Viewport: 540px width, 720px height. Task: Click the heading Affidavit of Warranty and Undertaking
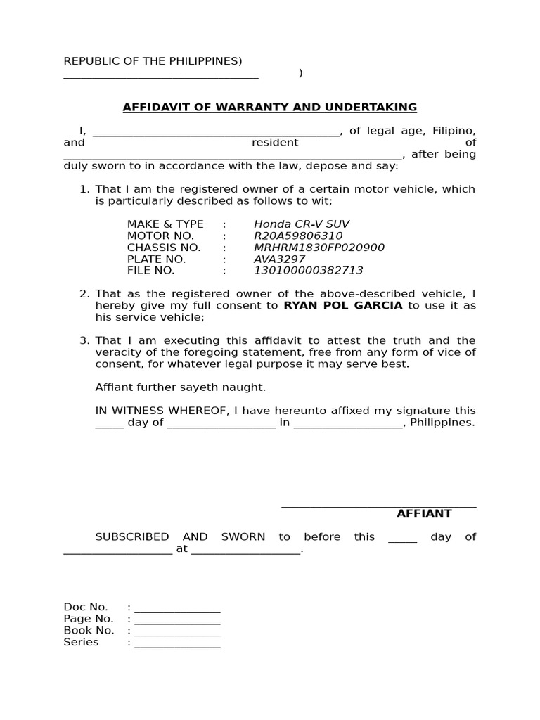click(x=270, y=108)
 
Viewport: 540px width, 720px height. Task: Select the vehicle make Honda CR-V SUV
click(x=302, y=224)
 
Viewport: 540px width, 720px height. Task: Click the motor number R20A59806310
click(x=298, y=236)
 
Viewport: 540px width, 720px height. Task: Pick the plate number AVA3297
click(x=279, y=259)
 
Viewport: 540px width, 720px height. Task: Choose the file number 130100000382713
click(x=309, y=271)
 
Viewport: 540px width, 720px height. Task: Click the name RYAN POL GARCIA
click(x=343, y=306)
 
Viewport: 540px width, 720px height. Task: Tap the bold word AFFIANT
click(x=424, y=514)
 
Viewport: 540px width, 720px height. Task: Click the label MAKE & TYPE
click(x=165, y=224)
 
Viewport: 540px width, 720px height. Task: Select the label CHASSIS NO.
click(x=164, y=247)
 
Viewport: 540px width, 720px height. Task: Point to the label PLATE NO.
click(x=156, y=259)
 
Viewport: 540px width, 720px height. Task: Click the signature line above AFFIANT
click(x=379, y=505)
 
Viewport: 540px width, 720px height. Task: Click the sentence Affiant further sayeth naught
click(x=181, y=387)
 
